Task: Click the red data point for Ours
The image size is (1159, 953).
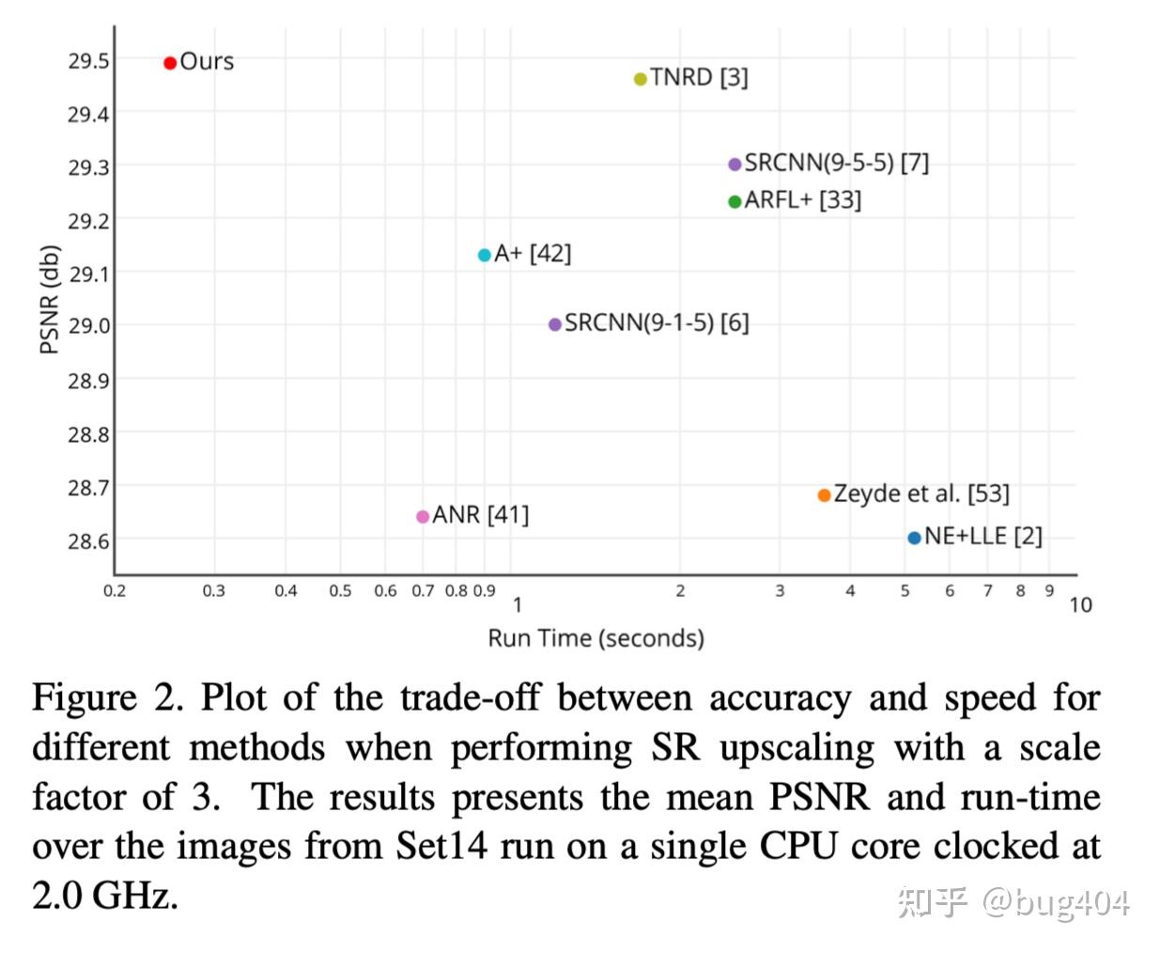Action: click(170, 63)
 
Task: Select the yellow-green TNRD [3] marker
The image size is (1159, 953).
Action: click(641, 79)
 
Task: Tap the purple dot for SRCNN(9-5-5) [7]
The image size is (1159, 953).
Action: click(735, 164)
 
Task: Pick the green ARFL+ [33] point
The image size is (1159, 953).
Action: click(735, 202)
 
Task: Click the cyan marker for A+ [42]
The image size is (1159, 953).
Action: click(485, 255)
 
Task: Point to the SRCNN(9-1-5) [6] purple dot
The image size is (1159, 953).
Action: click(555, 324)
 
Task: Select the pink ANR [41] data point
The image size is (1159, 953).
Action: click(423, 516)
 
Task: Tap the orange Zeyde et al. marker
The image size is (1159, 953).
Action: click(825, 495)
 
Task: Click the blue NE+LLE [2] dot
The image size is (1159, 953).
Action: click(915, 538)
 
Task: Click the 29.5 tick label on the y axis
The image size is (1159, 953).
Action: click(88, 61)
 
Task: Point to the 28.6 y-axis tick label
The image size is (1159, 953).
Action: click(88, 541)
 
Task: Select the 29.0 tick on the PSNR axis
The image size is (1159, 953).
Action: click(88, 326)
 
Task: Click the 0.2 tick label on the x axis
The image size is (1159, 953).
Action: click(115, 591)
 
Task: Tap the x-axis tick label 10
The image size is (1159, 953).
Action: click(1081, 605)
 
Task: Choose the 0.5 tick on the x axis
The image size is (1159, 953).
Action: click(340, 591)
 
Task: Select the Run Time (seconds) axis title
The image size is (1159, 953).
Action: click(595, 639)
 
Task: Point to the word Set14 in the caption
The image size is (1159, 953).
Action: click(441, 846)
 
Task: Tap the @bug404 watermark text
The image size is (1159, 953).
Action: click(1056, 902)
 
